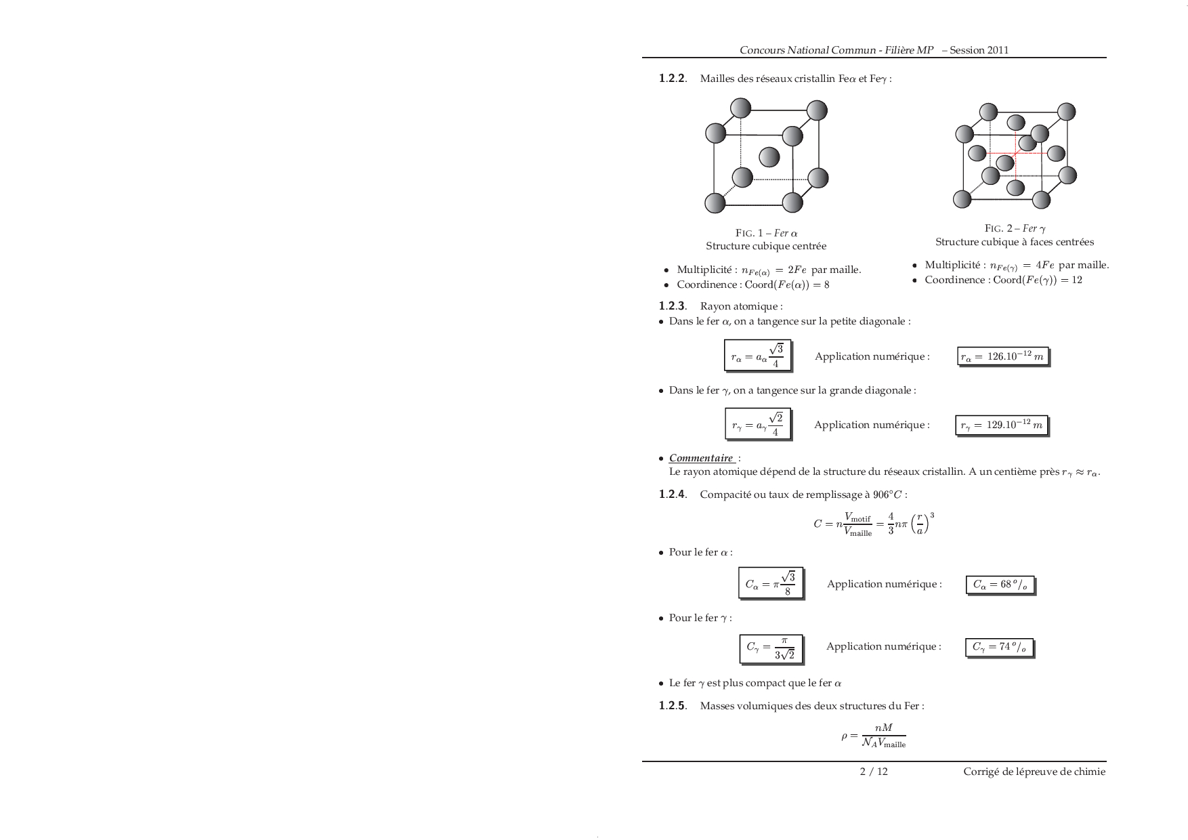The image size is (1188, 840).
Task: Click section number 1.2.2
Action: (x=673, y=79)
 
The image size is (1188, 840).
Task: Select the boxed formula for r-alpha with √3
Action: (x=757, y=356)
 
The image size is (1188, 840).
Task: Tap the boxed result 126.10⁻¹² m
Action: (x=1002, y=356)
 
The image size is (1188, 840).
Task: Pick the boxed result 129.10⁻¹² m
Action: (x=1001, y=425)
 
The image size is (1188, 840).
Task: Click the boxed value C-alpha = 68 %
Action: (x=999, y=585)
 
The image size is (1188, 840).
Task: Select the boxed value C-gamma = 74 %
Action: (x=999, y=647)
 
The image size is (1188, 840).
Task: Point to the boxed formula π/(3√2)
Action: (x=770, y=648)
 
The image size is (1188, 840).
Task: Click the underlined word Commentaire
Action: (x=701, y=458)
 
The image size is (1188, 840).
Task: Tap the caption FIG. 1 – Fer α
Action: (x=766, y=233)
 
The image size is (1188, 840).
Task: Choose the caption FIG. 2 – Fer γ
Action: (x=1015, y=228)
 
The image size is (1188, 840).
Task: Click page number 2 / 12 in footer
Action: (x=874, y=772)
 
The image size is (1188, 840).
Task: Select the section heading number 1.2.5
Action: (x=673, y=706)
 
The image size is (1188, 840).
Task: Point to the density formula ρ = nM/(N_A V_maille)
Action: (x=874, y=735)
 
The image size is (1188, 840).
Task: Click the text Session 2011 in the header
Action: (x=979, y=50)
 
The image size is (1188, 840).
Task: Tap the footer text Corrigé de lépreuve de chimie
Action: (x=1034, y=772)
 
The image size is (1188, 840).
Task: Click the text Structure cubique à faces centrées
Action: (x=1015, y=242)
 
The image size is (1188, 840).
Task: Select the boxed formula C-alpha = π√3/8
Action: (x=770, y=583)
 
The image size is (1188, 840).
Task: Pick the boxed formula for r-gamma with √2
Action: (x=757, y=424)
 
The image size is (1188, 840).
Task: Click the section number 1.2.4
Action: (x=673, y=495)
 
